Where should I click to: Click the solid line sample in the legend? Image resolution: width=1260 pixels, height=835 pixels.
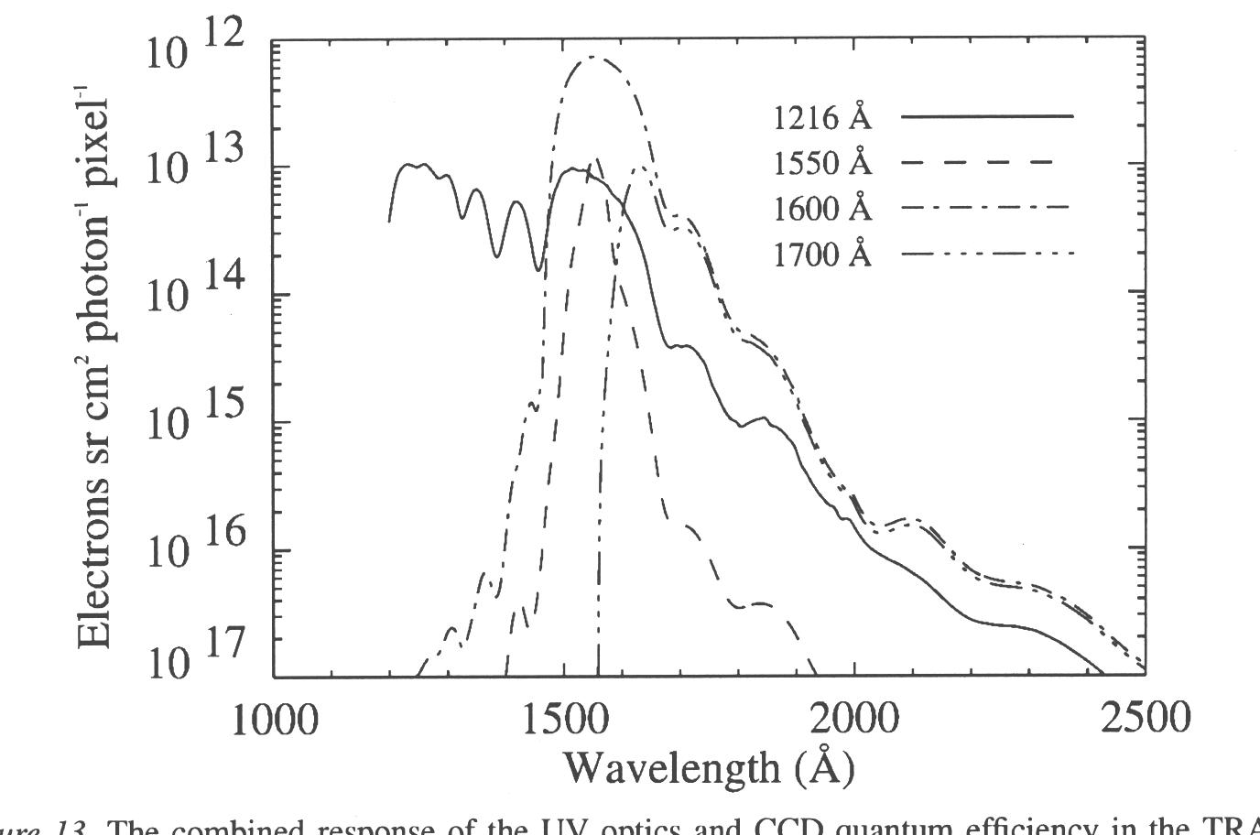point(987,117)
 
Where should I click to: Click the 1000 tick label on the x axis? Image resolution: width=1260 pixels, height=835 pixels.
point(274,719)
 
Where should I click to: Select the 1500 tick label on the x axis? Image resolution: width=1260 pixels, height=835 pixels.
point(564,719)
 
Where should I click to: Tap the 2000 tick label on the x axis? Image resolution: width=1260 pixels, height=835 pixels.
point(854,719)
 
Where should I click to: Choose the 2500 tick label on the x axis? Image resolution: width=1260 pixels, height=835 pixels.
point(1146,719)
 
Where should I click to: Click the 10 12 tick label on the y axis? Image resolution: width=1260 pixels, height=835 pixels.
point(195,48)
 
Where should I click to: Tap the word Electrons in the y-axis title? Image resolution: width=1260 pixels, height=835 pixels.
point(96,569)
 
